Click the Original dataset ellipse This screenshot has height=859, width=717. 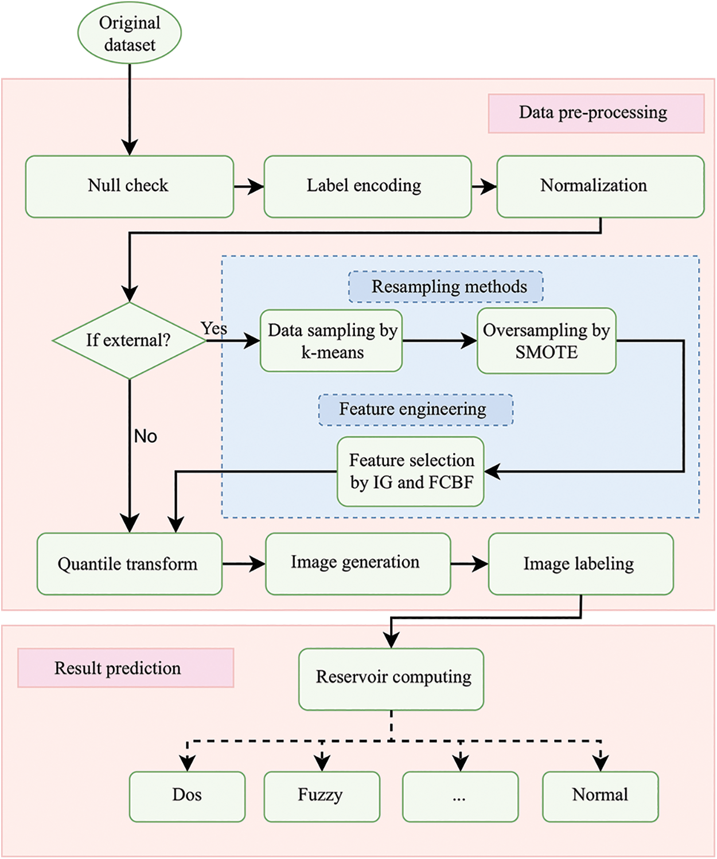point(130,33)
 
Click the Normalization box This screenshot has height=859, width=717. point(600,186)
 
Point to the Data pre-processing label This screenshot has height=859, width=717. point(596,114)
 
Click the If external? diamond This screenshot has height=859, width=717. point(130,341)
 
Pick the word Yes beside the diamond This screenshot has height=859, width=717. point(214,329)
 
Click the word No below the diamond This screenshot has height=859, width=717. point(146,436)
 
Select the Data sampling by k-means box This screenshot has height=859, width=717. point(332,341)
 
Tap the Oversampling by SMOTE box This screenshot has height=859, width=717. point(547,341)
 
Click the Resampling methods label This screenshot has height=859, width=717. point(446,287)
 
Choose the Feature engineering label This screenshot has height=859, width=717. point(416,410)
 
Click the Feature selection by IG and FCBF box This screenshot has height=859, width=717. point(411,472)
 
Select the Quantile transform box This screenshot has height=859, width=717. point(130,564)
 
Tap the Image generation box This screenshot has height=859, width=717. point(358,564)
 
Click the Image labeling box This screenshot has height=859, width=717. point(580,564)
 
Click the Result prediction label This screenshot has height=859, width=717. point(126,668)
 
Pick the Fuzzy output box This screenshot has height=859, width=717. point(322,796)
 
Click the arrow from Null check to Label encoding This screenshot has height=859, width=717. point(249,186)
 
